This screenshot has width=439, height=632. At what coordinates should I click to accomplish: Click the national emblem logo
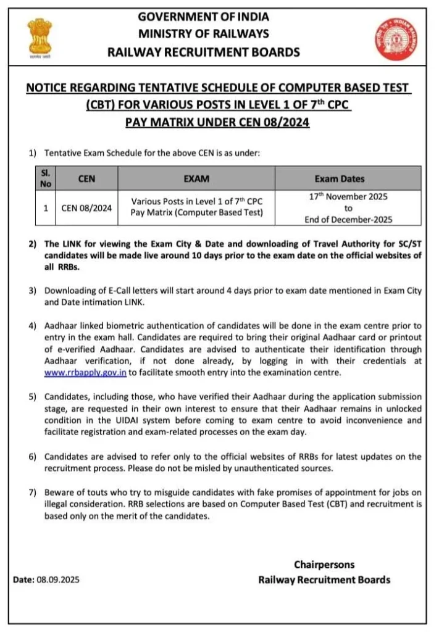40,38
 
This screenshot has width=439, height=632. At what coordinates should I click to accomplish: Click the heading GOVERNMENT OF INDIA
204,16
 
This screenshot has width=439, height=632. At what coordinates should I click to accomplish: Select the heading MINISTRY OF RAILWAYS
204,33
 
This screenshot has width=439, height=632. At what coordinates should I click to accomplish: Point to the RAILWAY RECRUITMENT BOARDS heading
204,52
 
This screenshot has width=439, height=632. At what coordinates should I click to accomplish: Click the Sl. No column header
45,178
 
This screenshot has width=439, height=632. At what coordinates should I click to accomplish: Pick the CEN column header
86,179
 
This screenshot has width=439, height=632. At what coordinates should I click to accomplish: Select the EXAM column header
196,179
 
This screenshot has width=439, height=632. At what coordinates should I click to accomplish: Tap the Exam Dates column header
339,179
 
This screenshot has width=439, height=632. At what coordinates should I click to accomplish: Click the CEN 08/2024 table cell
86,208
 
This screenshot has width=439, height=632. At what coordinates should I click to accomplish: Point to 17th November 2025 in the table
348,197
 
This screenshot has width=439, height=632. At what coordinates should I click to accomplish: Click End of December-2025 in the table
348,219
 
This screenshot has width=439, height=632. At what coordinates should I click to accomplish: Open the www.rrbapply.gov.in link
85,373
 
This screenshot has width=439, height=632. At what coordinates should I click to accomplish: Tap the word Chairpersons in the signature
324,565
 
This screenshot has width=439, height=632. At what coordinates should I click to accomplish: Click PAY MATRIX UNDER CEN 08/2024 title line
217,122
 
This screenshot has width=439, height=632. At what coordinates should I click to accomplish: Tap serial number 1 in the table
46,208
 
